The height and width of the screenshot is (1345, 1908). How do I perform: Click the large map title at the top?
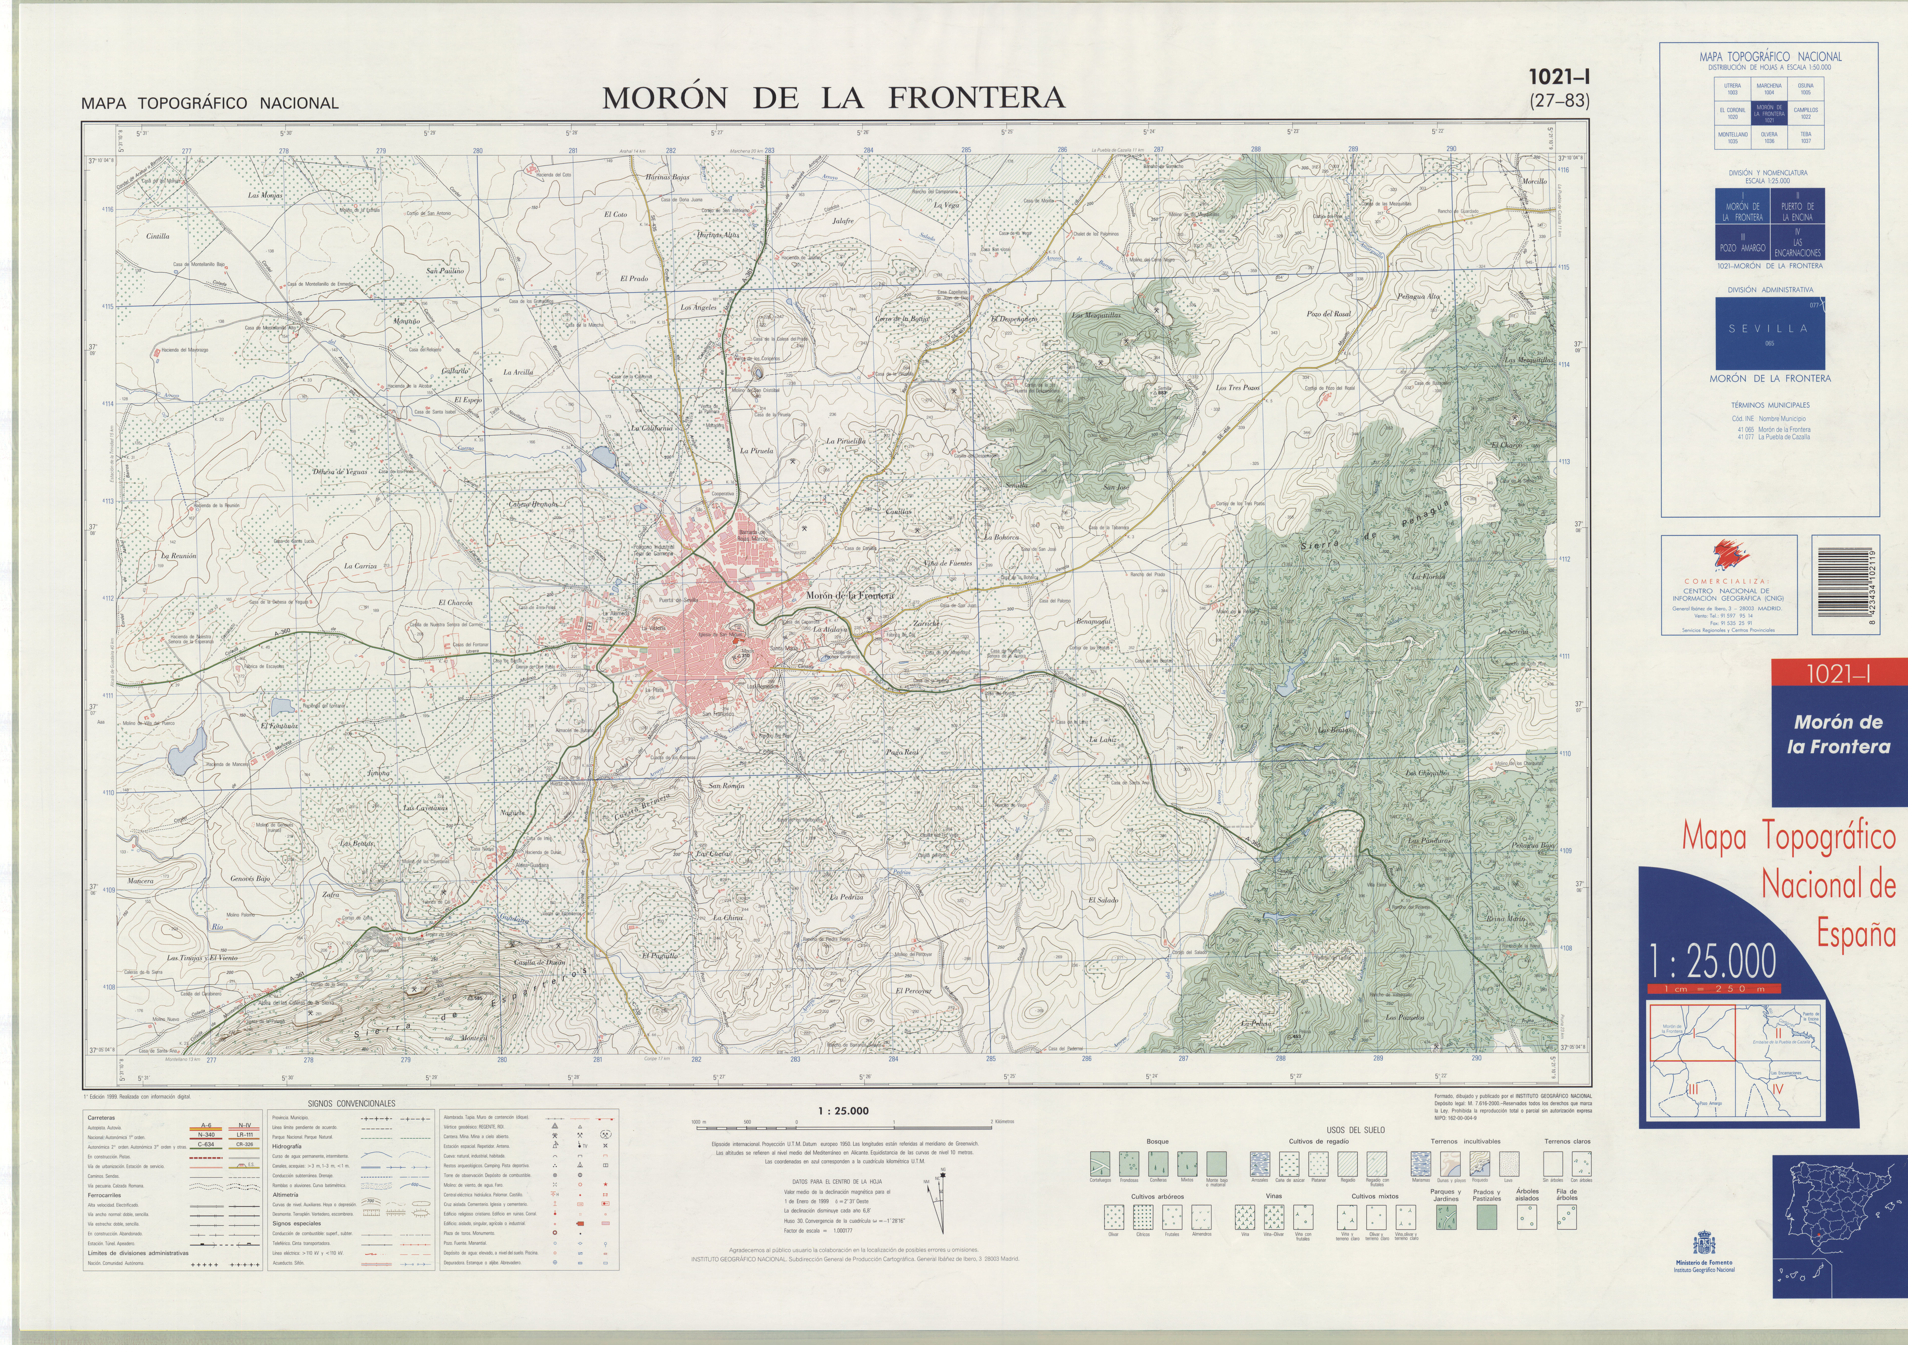[833, 98]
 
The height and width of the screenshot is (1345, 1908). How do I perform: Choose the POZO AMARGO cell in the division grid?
[1743, 243]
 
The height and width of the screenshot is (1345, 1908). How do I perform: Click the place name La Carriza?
[361, 566]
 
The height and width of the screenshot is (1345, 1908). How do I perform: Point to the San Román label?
[726, 786]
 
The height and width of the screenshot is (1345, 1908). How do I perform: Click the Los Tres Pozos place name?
[1238, 387]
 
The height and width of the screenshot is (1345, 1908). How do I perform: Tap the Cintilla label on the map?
[158, 236]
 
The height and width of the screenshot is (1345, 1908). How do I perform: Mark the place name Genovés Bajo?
[250, 879]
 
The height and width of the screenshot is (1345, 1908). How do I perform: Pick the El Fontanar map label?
[279, 726]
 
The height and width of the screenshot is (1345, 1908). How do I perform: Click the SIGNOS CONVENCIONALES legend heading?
[351, 1103]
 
